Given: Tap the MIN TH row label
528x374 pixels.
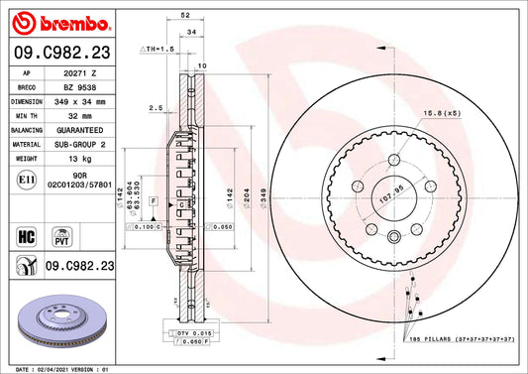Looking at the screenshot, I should pos(25,115).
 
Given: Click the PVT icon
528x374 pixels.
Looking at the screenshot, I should pos(58,237).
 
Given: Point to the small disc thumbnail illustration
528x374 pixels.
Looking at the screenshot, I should pos(61,320).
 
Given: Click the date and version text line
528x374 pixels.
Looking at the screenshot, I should pos(61,368).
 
